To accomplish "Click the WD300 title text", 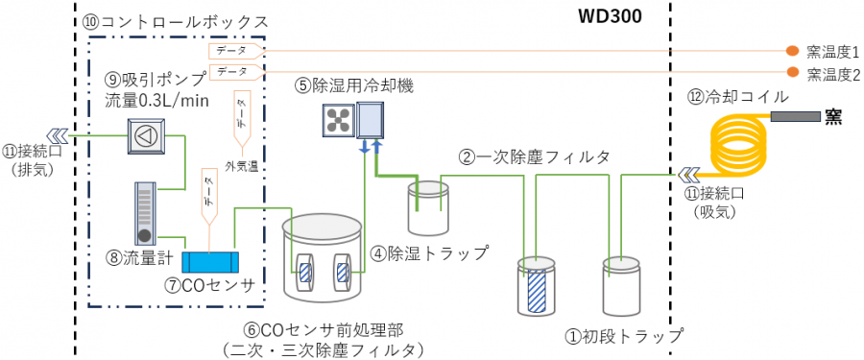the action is (x=610, y=16).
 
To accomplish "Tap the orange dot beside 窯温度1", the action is (x=792, y=51).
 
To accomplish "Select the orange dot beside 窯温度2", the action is (x=792, y=72).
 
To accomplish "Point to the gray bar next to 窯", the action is (x=795, y=116).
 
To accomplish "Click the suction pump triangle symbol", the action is (x=146, y=134).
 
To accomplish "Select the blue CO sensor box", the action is (x=210, y=261).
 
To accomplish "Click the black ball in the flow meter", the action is (x=145, y=236).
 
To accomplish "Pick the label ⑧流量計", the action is (x=139, y=258).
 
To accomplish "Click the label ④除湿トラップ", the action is (x=429, y=253).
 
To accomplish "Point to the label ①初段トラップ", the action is (x=625, y=335).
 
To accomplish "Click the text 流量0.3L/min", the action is (x=155, y=101).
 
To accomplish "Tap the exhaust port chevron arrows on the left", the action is (x=58, y=134).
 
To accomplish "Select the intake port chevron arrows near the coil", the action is (x=686, y=175).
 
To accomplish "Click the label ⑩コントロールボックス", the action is (x=175, y=22).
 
